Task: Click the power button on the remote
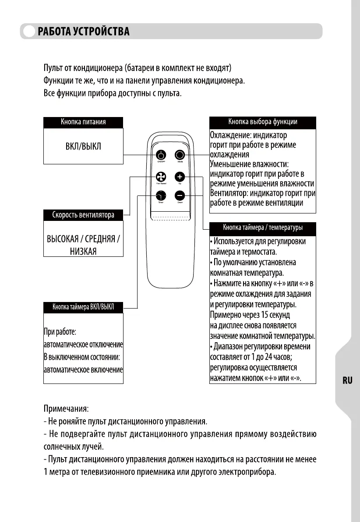click(161, 155)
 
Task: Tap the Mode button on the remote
click(180, 155)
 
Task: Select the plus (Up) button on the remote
click(180, 177)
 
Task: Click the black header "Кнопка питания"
click(83, 122)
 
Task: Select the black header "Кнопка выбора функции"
click(263, 122)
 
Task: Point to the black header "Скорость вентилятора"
click(83, 215)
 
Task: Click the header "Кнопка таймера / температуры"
click(263, 227)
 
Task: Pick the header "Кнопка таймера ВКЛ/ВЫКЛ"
click(83, 307)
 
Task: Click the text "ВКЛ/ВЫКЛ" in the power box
click(83, 146)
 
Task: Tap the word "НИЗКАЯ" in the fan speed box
click(83, 251)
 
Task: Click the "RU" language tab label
click(347, 380)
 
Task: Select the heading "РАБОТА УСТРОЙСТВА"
click(84, 32)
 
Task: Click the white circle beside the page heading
click(29, 32)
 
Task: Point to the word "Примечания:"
click(66, 408)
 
